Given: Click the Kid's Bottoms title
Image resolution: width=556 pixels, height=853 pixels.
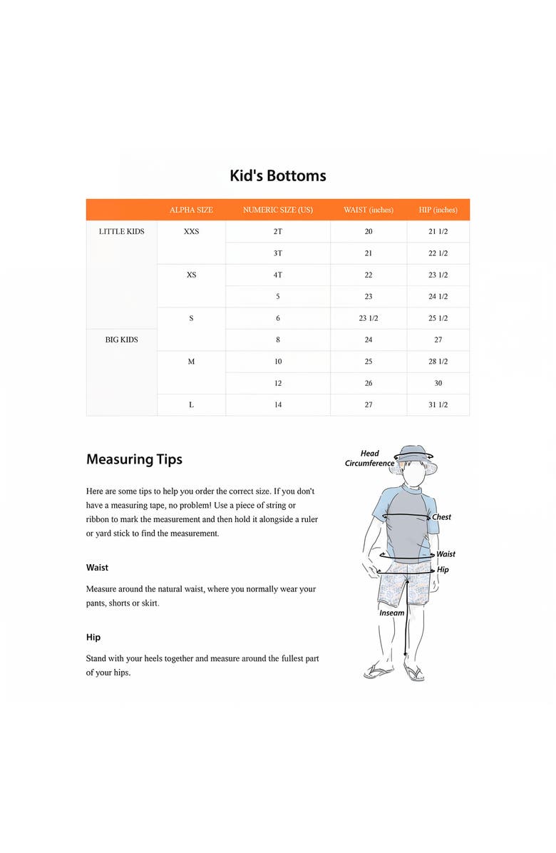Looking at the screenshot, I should click(277, 175).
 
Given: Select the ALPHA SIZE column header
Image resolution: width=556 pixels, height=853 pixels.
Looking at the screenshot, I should click(191, 210).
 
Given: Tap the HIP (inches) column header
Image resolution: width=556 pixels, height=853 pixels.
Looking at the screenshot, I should click(438, 210).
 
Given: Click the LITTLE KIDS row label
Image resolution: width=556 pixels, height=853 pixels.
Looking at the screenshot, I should click(121, 231).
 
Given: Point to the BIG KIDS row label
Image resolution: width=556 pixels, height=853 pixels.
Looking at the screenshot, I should click(121, 339).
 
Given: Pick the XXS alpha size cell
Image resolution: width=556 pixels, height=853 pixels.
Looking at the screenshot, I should click(191, 231).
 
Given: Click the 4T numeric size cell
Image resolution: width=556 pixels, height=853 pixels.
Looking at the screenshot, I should click(277, 275).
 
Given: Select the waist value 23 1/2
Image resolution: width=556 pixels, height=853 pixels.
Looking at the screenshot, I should click(368, 318).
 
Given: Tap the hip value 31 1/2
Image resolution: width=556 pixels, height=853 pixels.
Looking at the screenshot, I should click(438, 404).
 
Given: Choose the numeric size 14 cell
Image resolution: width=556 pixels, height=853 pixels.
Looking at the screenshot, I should click(277, 404).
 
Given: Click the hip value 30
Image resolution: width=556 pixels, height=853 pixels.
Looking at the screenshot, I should click(438, 383).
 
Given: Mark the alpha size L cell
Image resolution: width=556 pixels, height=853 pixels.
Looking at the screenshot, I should click(191, 404).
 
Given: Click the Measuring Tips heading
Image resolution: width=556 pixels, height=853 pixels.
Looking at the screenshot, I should click(134, 459).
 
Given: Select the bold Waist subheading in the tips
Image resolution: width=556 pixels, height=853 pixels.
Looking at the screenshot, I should click(97, 568).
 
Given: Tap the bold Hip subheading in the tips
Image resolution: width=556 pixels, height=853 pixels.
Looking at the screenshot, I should click(93, 637).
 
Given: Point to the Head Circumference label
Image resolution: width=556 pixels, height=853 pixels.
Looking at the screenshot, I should click(369, 458).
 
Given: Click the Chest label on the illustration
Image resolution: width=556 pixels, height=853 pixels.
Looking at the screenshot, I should click(441, 517).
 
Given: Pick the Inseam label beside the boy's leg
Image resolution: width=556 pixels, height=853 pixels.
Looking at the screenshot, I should click(391, 613).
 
